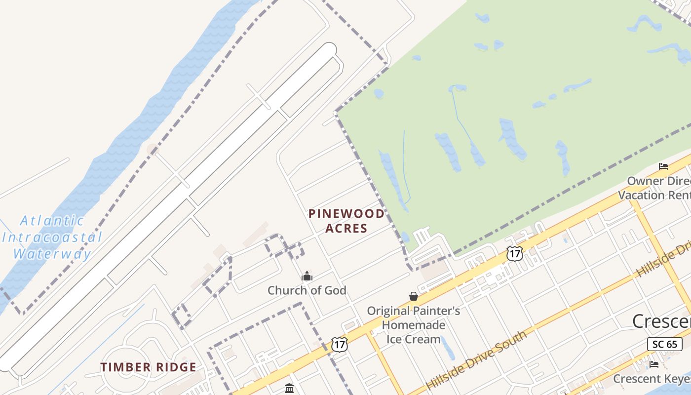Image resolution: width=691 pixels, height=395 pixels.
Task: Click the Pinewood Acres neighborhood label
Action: click(x=346, y=221)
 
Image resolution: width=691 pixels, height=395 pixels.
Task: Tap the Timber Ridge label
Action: click(x=149, y=367)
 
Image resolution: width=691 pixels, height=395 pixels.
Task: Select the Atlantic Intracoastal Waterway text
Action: click(x=52, y=237)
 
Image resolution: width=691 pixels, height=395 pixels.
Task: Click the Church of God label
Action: click(x=307, y=290)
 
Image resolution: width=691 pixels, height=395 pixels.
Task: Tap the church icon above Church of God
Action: click(x=307, y=276)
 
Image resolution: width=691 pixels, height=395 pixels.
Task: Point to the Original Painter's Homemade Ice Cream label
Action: click(x=413, y=325)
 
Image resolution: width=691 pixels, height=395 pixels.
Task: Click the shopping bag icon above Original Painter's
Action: click(x=414, y=296)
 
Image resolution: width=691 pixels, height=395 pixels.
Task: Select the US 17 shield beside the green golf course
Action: click(x=514, y=254)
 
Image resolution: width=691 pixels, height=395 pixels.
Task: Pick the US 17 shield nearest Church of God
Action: click(x=340, y=344)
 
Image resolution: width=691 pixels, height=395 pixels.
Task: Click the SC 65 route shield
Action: click(x=665, y=344)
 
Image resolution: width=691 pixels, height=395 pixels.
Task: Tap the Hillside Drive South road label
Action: click(x=476, y=360)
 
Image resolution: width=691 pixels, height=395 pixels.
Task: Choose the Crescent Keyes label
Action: click(x=652, y=379)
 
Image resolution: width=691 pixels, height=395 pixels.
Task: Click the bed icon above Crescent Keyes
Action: click(x=654, y=364)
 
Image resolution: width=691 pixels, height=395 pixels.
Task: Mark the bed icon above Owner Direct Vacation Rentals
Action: click(x=663, y=166)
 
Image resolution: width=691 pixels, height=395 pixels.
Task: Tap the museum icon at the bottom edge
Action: click(x=289, y=389)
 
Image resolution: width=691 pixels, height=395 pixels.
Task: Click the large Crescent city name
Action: click(x=661, y=321)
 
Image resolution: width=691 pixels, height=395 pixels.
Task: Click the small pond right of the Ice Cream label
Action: click(x=447, y=348)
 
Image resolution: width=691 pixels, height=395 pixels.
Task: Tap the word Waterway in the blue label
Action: click(x=52, y=254)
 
